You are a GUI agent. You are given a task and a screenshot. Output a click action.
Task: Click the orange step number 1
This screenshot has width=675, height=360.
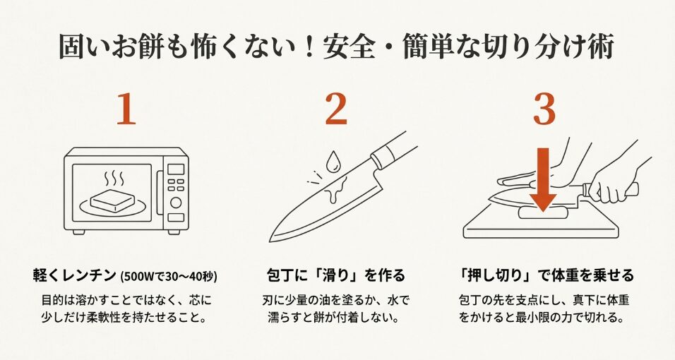(126, 109)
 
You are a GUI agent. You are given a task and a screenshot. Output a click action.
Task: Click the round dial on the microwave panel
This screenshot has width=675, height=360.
(175, 203)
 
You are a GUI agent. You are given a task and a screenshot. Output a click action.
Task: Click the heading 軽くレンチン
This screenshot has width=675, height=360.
(74, 274)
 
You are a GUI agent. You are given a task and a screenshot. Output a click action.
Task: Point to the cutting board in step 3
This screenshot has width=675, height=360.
(494, 226)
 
